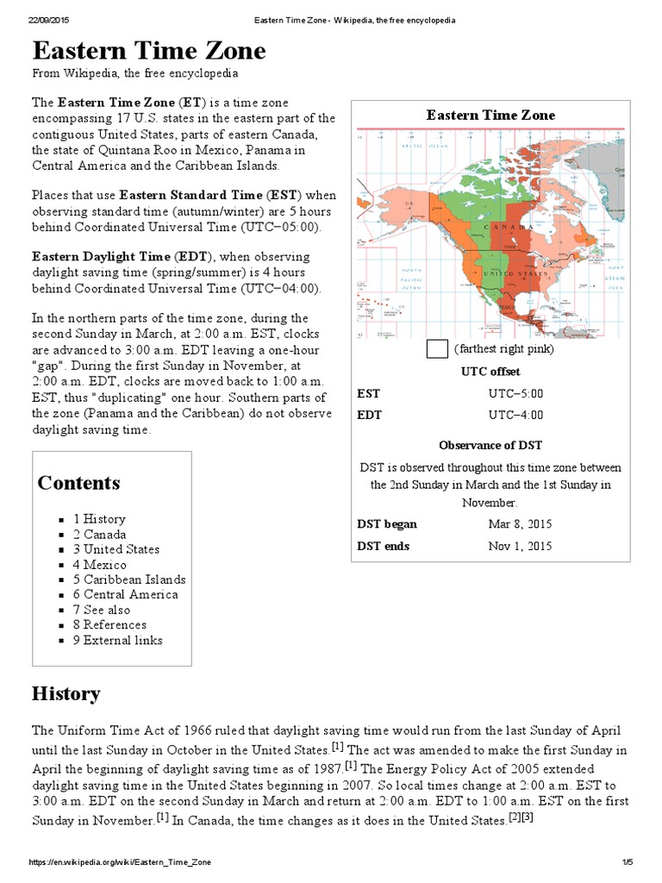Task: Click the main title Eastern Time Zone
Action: tap(149, 52)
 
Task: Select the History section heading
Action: tap(66, 693)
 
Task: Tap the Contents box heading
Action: tap(78, 482)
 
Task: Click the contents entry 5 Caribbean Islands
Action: tap(128, 579)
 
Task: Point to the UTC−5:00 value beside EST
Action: tap(516, 393)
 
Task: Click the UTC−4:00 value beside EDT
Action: tap(516, 415)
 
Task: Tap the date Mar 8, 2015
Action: tap(520, 524)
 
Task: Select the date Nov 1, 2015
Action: tap(520, 546)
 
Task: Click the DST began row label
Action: tap(387, 524)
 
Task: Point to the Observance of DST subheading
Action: tap(490, 445)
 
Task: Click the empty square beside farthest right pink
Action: tap(437, 349)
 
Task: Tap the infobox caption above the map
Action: tap(490, 115)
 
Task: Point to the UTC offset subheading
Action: tap(490, 372)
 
